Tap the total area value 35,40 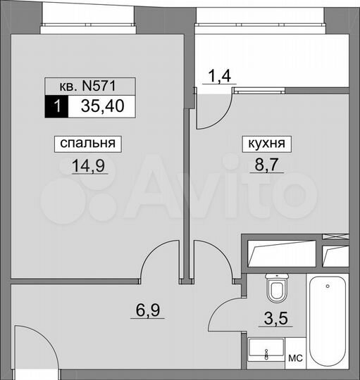click(x=99, y=107)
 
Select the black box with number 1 click(x=57, y=107)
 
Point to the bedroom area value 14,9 click(x=88, y=167)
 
